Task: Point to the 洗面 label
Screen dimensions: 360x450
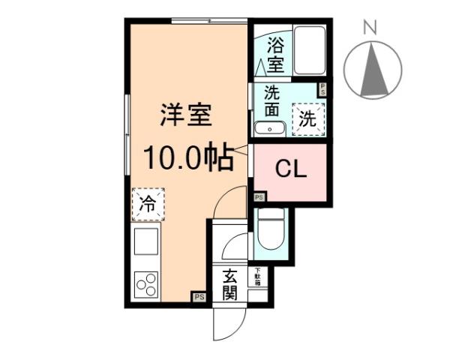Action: [x=271, y=103]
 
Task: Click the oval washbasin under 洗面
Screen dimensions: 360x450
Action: [x=267, y=127]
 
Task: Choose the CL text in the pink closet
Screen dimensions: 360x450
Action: [x=290, y=170]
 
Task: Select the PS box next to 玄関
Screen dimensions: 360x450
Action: [x=199, y=298]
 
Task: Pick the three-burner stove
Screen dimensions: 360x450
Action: [x=146, y=286]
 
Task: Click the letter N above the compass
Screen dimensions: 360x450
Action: [x=369, y=28]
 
